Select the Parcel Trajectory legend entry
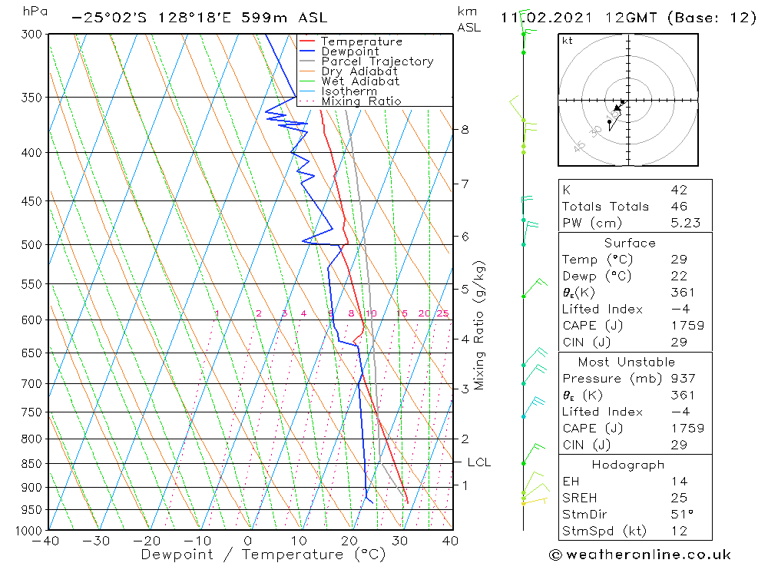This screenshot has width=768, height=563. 376,61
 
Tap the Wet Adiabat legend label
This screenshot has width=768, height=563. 359,81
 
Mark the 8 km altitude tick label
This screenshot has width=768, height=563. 465,130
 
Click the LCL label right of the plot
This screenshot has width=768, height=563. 478,462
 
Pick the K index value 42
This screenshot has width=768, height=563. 678,190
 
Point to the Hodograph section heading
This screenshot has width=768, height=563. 628,465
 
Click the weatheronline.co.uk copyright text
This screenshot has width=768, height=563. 640,555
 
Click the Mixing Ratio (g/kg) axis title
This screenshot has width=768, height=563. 479,326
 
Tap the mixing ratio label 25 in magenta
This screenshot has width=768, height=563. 442,313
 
